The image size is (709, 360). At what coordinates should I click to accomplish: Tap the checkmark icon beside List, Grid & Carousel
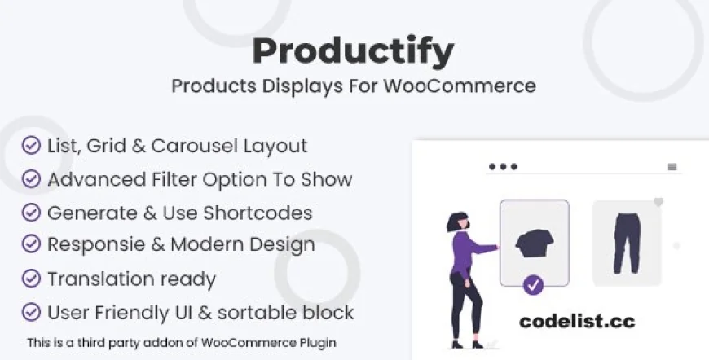click(31, 146)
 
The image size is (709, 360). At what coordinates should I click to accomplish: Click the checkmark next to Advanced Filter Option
click(31, 179)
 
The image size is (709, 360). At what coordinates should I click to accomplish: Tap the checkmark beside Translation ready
click(31, 279)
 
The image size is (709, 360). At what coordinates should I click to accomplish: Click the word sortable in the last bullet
click(261, 312)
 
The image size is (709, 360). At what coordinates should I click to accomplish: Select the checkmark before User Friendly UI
click(31, 312)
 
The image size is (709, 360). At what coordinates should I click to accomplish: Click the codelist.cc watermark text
click(576, 321)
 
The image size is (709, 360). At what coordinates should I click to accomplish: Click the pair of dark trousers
click(627, 242)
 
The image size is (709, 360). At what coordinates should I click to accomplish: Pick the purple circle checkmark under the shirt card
click(533, 285)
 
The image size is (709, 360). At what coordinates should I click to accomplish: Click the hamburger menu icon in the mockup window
click(672, 166)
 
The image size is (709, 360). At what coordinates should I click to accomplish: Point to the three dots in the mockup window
click(502, 166)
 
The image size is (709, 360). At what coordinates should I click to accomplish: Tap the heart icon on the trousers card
click(658, 201)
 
